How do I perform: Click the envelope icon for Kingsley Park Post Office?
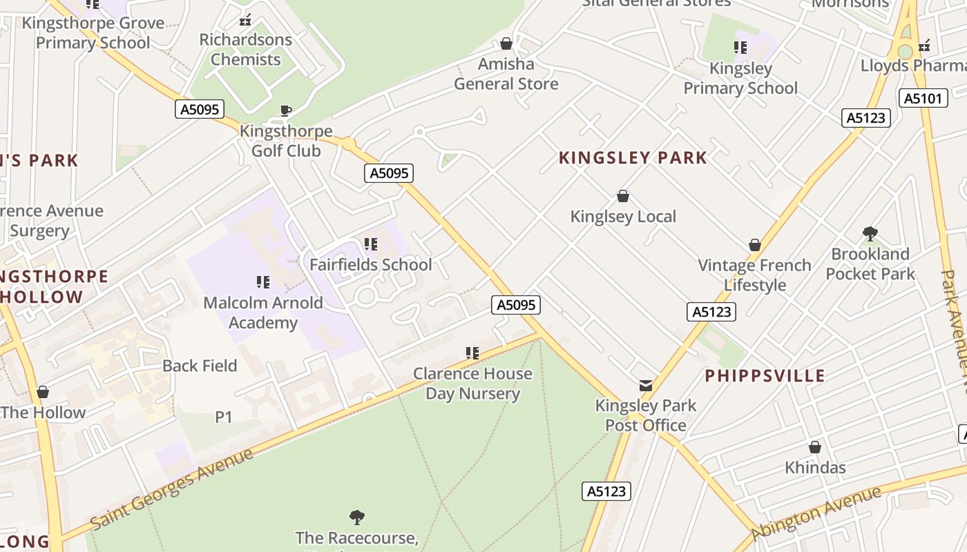[645, 386]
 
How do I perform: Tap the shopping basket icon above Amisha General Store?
[506, 44]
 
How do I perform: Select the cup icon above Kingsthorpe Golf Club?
[285, 110]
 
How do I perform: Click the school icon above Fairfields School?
[371, 244]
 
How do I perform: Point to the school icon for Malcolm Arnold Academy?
[263, 282]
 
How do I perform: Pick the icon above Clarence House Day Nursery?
[472, 353]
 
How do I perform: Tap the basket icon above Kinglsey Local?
[623, 197]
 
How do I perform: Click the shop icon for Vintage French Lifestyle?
[755, 246]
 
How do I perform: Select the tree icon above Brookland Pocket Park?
[870, 234]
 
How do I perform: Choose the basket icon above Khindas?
[815, 447]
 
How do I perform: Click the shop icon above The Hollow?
[43, 393]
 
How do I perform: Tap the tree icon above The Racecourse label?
[357, 517]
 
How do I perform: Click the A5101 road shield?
[923, 98]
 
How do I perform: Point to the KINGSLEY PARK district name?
[633, 158]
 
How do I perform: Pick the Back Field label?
[200, 366]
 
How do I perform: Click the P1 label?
[224, 417]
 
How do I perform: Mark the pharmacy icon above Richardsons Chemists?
[245, 21]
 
